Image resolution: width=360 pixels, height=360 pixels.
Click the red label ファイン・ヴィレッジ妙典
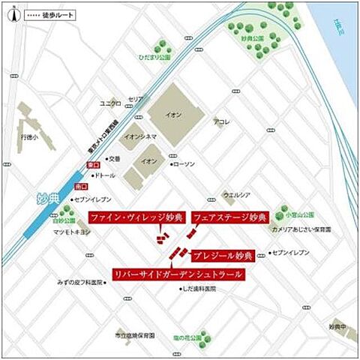coord(136,217)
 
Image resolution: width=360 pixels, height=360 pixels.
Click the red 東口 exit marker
coord(94,164)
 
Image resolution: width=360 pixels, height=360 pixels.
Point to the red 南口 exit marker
coord(81,184)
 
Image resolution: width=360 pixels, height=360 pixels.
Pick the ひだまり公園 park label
coord(154,55)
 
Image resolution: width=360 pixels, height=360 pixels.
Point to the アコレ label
coord(221,121)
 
